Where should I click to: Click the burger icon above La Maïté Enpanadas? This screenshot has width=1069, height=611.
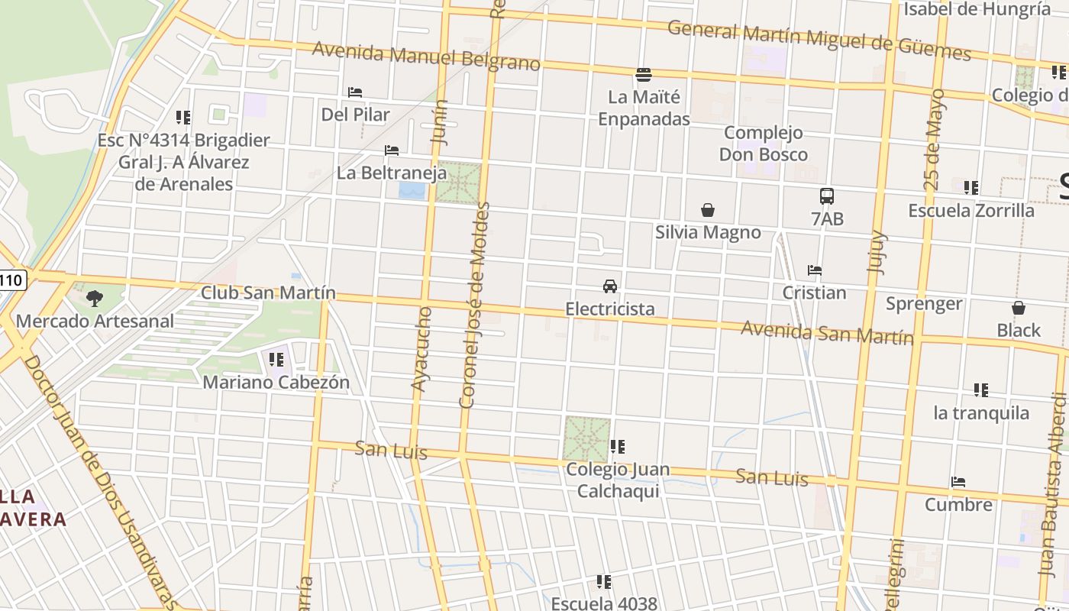click(644, 75)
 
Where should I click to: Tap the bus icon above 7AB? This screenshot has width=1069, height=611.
click(827, 196)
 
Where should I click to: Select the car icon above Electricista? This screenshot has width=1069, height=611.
click(609, 286)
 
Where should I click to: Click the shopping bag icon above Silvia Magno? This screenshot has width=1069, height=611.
click(708, 210)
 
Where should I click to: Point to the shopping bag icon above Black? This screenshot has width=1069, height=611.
click(1018, 308)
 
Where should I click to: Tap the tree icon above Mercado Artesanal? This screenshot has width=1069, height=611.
click(95, 299)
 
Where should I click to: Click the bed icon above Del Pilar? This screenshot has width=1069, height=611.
click(355, 92)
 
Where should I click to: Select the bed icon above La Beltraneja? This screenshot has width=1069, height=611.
click(392, 150)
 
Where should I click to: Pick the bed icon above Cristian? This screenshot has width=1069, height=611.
click(815, 270)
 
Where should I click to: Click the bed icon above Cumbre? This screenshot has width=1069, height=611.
click(958, 482)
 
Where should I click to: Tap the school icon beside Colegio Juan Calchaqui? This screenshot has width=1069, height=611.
click(618, 446)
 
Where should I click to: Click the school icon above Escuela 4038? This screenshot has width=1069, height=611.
click(604, 582)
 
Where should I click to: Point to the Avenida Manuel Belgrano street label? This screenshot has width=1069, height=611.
click(426, 57)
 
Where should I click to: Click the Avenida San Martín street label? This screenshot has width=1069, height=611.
click(827, 333)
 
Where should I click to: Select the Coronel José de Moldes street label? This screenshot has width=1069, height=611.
click(474, 305)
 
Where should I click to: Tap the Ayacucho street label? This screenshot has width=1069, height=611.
click(421, 349)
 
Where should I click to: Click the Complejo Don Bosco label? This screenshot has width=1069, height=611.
click(763, 144)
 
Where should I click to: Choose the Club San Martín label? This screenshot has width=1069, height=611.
click(268, 293)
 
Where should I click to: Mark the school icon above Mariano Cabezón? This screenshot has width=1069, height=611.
click(276, 359)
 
